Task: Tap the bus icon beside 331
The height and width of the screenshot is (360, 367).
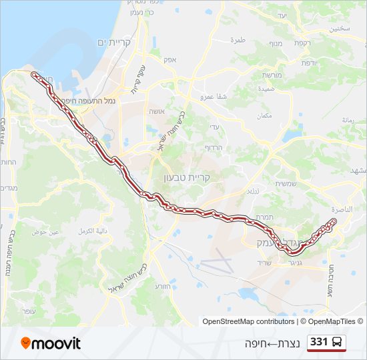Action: click(338, 343)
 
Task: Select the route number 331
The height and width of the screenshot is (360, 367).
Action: click(320, 343)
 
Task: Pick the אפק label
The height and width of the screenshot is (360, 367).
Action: click(169, 59)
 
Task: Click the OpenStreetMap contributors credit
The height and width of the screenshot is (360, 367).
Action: click(248, 321)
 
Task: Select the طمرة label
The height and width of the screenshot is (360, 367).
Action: click(238, 40)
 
